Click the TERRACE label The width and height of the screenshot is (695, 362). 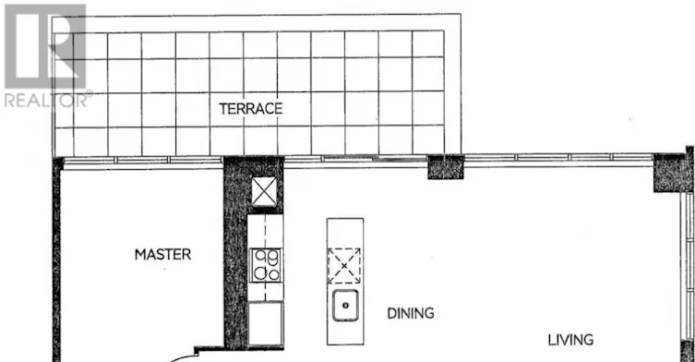tap(251, 109)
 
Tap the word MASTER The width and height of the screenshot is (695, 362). tap(163, 254)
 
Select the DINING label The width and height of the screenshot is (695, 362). tap(411, 313)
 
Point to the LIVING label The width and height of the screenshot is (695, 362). tap(570, 340)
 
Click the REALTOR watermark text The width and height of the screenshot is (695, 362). tap(45, 101)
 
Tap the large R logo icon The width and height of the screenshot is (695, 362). tap(45, 46)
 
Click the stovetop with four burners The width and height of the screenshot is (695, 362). tap(266, 265)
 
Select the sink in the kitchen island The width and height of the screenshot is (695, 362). tap(345, 306)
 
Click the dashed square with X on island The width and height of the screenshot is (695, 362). tap(344, 266)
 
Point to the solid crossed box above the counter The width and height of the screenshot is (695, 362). tap(264, 191)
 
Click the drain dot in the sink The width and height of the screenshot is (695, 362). tap(346, 306)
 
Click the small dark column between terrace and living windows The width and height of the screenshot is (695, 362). tap(446, 167)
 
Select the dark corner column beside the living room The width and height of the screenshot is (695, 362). tap(673, 172)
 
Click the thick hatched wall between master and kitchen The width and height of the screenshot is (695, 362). tap(235, 253)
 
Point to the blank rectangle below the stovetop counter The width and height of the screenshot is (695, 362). tap(265, 323)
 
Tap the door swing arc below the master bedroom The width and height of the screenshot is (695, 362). tap(182, 357)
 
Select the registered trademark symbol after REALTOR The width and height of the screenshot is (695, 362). tap(90, 93)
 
